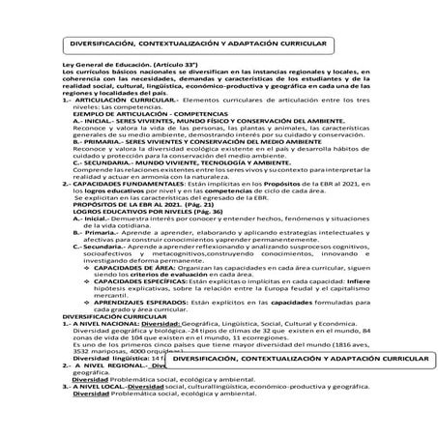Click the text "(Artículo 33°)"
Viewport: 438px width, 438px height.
tap(143, 88)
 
